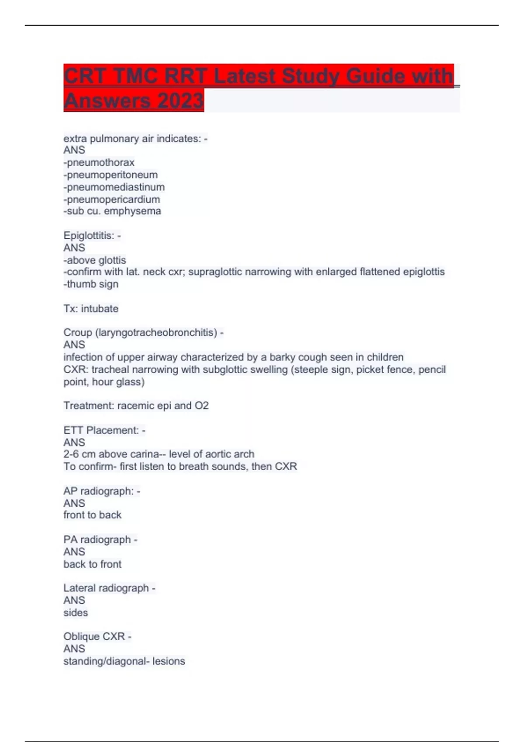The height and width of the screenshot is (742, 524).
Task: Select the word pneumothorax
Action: pos(100,162)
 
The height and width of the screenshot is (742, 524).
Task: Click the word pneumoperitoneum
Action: pos(112,175)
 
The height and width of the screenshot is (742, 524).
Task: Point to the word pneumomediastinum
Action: pos(116,187)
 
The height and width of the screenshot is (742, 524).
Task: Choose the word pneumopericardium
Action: pos(114,199)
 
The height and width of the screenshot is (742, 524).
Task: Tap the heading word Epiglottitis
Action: pos(89,236)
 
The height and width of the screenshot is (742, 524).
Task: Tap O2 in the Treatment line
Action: pos(202,405)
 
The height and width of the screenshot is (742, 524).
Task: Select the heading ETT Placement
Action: pos(101,430)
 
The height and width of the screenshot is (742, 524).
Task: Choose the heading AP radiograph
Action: pos(99,491)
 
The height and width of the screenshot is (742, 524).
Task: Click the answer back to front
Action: pos(93,564)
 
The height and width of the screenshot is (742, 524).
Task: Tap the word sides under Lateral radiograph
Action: pos(76,613)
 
